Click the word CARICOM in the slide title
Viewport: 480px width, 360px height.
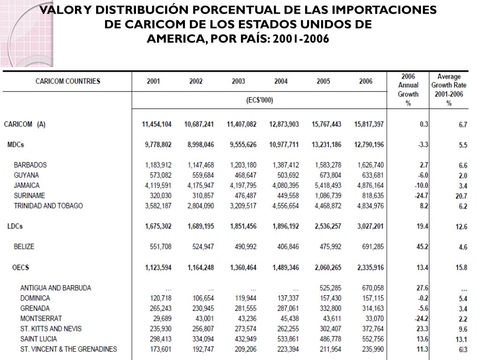point(146,24)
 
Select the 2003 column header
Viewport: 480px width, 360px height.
point(238,82)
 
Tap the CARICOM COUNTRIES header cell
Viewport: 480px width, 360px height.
point(68,82)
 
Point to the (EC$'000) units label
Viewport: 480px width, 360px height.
point(260,100)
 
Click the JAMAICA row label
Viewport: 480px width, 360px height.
point(27,185)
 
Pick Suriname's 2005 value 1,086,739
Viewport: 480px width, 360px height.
point(326,195)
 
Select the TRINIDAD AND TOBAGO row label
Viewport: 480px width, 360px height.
point(48,206)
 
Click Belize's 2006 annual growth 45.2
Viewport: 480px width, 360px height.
point(422,247)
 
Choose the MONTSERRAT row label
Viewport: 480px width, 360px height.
point(41,318)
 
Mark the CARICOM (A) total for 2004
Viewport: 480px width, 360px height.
point(284,124)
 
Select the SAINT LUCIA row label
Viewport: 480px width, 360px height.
point(39,339)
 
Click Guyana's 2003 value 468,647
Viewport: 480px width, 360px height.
point(243,175)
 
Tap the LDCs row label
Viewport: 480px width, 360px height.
point(15,226)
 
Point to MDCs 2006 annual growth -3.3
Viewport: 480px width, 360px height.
point(423,145)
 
